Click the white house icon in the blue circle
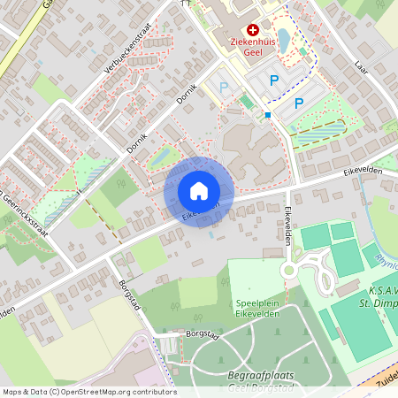[x=199, y=190]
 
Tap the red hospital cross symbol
[x=254, y=29]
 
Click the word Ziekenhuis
[x=250, y=42]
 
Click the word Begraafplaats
[x=259, y=375]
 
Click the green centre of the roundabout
[x=289, y=270]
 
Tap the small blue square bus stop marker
[x=267, y=114]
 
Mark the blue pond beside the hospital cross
[x=283, y=40]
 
